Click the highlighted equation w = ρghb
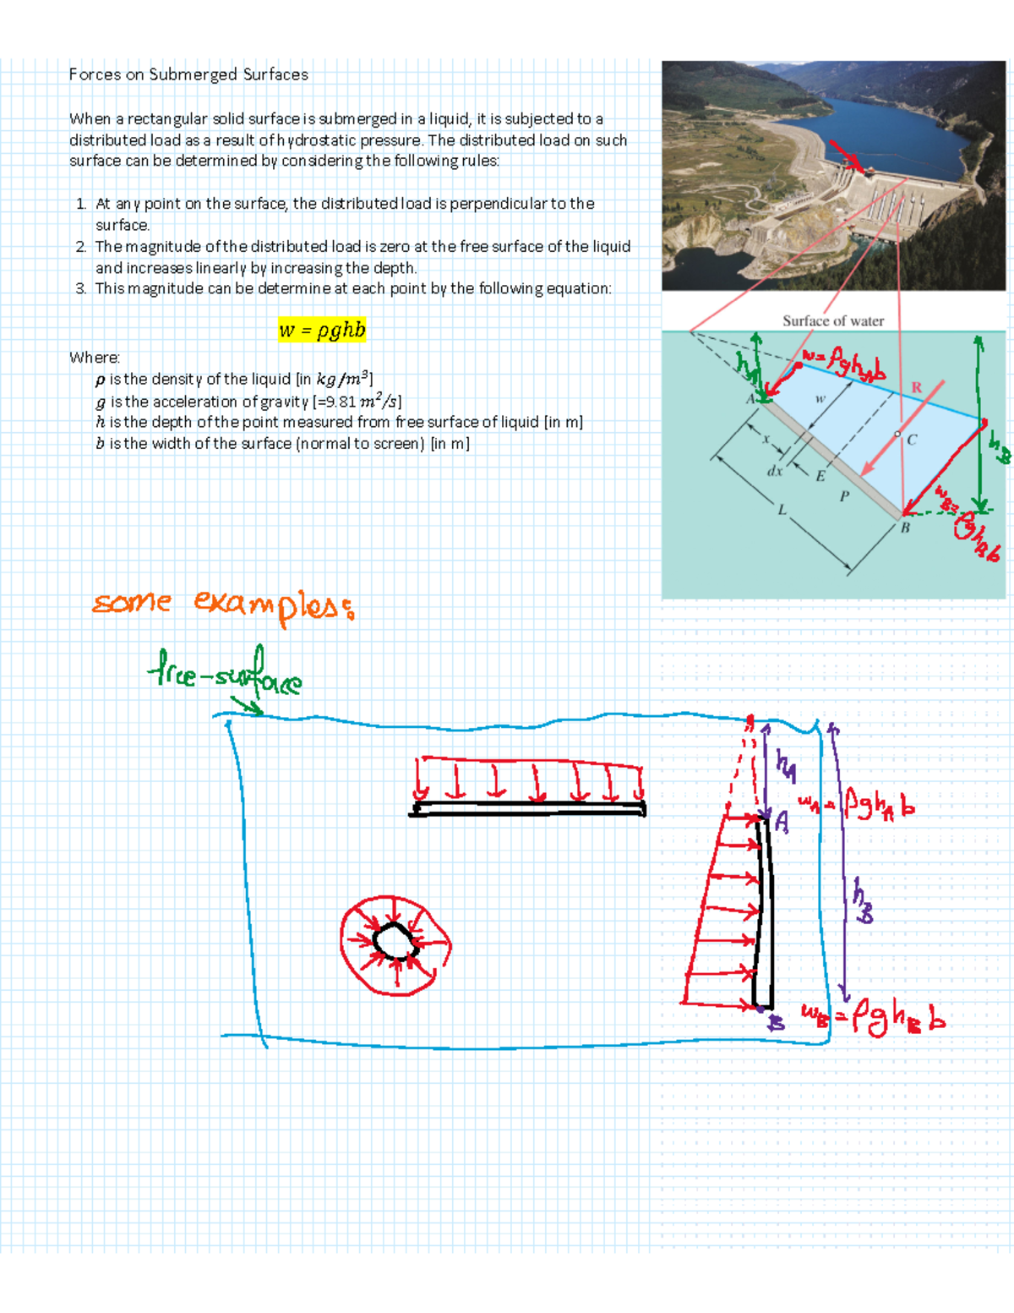[322, 330]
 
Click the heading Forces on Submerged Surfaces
[188, 74]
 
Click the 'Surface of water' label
[832, 321]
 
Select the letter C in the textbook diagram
[912, 440]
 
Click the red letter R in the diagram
[916, 388]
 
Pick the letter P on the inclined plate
[843, 496]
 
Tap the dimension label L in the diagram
[782, 510]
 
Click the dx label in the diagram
[774, 471]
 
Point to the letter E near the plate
[820, 476]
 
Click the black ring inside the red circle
[393, 940]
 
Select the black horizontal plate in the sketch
[529, 809]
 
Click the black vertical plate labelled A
[763, 913]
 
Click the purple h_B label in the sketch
[861, 900]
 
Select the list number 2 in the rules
[80, 247]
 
